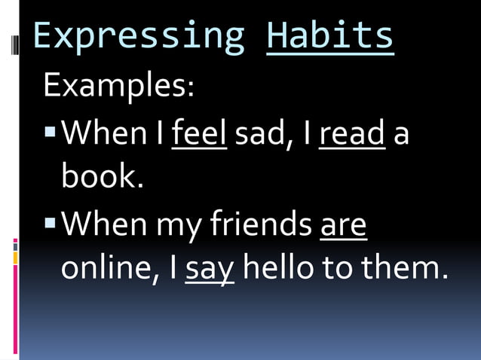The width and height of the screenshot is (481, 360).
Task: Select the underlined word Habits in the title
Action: pos(330,36)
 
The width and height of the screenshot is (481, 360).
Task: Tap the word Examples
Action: pos(118,85)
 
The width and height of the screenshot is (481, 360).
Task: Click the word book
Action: pos(102,177)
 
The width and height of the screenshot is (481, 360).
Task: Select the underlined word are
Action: pos(343,224)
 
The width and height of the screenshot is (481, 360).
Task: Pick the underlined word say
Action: pos(210,270)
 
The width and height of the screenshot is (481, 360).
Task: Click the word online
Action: pos(113,270)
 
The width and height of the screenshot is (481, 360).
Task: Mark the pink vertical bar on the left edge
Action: pos(15,309)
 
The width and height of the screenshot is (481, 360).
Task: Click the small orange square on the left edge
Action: pos(15,258)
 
